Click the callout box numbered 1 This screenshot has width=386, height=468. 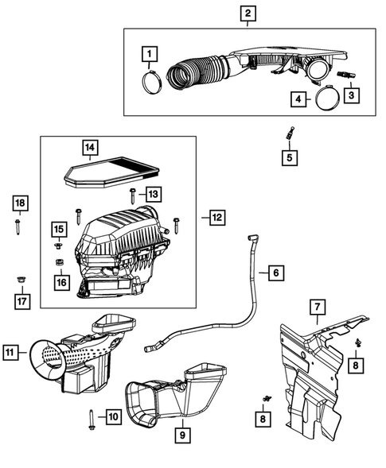coord(147,54)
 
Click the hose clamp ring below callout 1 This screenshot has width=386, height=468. coord(154,79)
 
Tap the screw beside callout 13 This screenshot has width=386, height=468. coord(132,192)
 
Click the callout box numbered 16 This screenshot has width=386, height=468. coord(59,281)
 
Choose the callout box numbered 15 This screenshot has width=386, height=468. coord(59,230)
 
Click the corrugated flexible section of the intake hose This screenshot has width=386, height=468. coord(193,67)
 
